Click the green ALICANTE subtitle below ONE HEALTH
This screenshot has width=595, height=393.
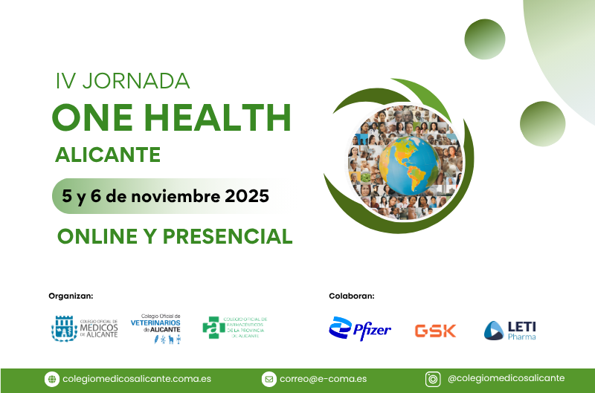108,155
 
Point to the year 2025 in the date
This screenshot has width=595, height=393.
242,197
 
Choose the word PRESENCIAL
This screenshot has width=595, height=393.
227,236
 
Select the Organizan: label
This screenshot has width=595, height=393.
71,296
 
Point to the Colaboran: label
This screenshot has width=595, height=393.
352,296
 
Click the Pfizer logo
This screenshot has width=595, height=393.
360,328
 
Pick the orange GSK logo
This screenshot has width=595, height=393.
435,331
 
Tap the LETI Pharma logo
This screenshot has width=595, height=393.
509,330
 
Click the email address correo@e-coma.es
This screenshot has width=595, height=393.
323,379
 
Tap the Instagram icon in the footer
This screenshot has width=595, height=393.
432,379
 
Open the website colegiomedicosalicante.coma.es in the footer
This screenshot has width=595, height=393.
138,379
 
